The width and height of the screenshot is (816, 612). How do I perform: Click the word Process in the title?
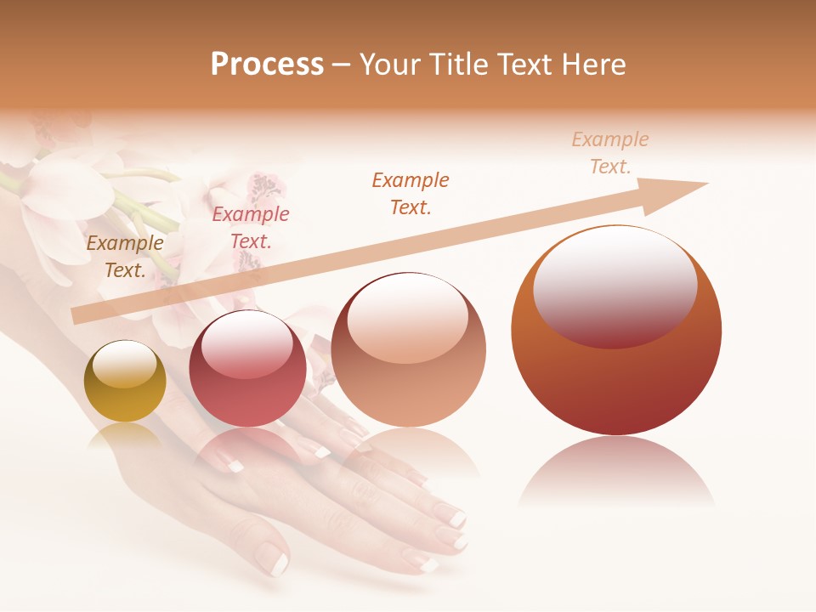coord(267,65)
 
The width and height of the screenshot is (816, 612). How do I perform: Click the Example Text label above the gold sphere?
coord(125,257)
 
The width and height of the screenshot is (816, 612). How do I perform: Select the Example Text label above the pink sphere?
coord(251,228)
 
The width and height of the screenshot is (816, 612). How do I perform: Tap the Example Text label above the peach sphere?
coord(411,193)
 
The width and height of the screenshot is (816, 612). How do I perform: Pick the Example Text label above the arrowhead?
coord(610,153)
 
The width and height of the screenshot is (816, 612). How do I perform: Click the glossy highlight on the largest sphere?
coord(615,285)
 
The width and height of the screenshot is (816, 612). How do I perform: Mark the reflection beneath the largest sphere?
coord(616,472)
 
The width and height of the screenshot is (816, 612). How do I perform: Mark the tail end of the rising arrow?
coord(78,316)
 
